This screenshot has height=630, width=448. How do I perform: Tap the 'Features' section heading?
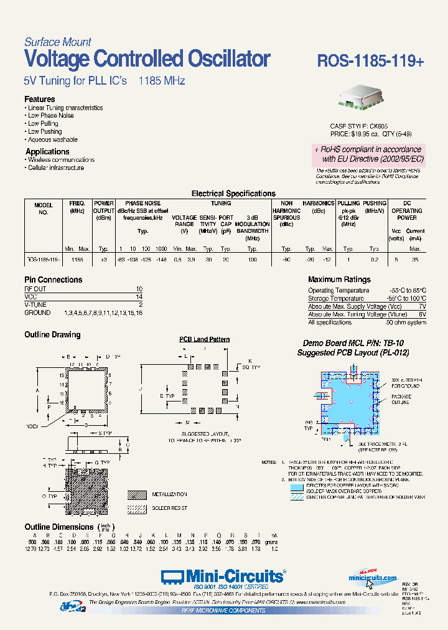tap(40, 100)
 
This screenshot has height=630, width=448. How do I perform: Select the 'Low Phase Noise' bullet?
tap(51, 116)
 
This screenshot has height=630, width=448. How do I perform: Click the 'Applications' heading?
tap(47, 152)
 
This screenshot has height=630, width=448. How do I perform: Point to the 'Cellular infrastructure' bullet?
tap(56, 168)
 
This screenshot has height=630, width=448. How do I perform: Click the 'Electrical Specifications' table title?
tap(233, 194)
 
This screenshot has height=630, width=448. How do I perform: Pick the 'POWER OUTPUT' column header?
tap(104, 207)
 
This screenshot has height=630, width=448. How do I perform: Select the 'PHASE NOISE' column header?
tap(143, 204)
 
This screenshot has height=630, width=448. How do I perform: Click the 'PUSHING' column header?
tap(375, 204)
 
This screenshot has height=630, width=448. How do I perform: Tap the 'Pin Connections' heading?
tap(54, 280)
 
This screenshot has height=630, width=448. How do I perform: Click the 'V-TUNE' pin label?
tap(36, 305)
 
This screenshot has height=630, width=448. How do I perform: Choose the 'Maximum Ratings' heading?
tap(339, 280)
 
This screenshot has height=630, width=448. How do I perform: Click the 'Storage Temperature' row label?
tap(336, 299)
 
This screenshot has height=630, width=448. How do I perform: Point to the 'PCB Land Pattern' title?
tap(205, 339)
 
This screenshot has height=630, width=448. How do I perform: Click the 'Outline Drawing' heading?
tap(52, 335)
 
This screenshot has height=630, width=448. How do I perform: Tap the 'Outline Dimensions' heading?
tap(58, 527)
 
